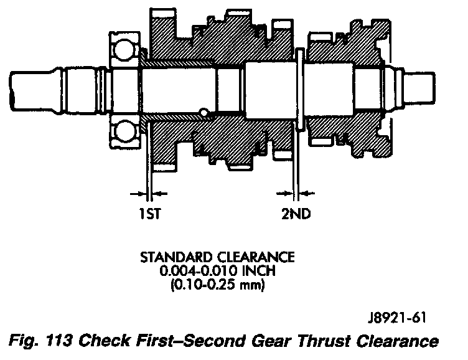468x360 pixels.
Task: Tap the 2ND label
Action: (296, 215)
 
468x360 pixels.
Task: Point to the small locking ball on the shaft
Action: (203, 113)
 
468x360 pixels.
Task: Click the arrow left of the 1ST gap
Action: (138, 192)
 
